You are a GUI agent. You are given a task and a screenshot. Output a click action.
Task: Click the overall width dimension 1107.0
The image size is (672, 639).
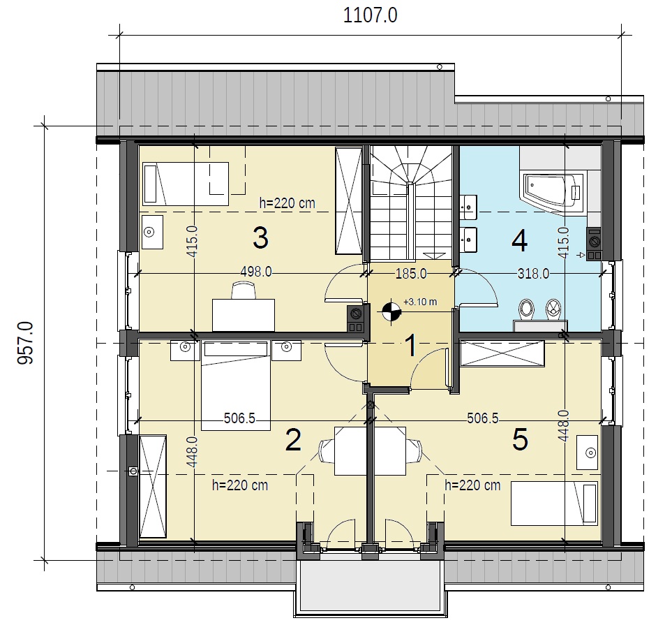371,15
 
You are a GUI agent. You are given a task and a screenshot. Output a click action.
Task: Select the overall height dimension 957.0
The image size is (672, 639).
25,343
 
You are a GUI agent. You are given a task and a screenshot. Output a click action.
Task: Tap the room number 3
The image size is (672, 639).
260,238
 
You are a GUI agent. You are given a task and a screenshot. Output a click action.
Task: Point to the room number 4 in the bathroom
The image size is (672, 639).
520,241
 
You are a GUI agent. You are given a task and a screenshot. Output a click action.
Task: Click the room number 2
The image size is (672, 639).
293,440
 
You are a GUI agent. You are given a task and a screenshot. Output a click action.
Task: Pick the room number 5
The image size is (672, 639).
521,440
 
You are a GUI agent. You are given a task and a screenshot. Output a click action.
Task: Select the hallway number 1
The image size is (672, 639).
411,346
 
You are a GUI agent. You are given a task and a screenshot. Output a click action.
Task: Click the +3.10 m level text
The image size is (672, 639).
420,302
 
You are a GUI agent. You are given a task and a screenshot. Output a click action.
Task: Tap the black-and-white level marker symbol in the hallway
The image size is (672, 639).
391,311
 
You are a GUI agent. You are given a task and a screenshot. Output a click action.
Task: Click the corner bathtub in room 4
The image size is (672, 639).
552,193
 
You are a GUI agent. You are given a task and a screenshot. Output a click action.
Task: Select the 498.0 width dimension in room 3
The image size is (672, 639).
256,272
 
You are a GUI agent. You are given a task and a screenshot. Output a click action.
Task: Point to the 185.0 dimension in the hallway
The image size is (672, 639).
411,274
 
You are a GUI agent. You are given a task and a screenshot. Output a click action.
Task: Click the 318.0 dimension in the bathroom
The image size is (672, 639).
534,274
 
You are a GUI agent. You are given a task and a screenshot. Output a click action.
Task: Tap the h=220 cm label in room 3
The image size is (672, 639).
287,203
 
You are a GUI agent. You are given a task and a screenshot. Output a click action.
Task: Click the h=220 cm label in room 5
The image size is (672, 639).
472,485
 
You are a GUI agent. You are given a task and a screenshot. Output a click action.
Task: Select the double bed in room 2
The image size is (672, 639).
236,385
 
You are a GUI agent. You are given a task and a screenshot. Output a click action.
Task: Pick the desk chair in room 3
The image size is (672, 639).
244,290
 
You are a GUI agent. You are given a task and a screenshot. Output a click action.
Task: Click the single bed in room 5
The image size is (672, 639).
554,504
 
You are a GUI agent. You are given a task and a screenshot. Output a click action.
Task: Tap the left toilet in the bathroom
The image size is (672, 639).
527,309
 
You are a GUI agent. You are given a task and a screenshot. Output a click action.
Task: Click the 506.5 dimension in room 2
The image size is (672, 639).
239,418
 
